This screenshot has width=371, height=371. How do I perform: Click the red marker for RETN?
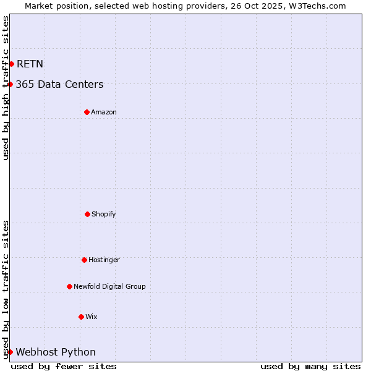(x=11, y=64)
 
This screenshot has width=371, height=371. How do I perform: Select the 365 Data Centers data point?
(x=11, y=84)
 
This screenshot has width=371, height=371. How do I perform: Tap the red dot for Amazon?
(x=87, y=112)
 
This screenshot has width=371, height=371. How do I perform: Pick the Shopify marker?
(x=87, y=214)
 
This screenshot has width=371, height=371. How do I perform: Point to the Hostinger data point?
(x=84, y=260)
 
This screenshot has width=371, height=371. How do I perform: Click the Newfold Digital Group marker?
(x=69, y=286)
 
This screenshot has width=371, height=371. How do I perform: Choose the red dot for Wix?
(x=81, y=317)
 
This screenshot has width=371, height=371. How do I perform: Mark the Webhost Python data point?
(x=10, y=352)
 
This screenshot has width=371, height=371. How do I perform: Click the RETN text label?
(x=30, y=64)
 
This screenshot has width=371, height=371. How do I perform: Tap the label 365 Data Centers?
(x=59, y=84)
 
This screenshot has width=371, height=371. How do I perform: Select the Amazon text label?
(x=104, y=112)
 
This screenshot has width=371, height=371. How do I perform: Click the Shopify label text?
(x=104, y=214)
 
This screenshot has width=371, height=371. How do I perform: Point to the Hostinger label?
(x=104, y=260)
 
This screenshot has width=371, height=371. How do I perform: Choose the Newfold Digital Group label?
(x=109, y=286)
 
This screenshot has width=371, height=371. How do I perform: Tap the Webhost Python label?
(x=56, y=352)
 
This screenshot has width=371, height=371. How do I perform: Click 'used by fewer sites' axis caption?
(x=64, y=366)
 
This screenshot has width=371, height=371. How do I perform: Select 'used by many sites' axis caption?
(x=310, y=366)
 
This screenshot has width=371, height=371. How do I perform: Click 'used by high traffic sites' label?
(x=6, y=88)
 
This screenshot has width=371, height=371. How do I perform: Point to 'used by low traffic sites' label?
(x=6, y=289)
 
